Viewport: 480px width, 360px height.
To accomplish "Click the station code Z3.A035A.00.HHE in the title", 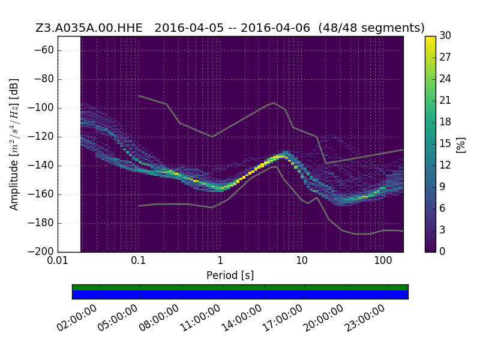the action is click(89, 28).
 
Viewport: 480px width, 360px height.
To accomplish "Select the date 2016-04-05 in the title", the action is click(189, 28).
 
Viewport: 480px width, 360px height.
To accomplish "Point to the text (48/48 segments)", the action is click(371, 28).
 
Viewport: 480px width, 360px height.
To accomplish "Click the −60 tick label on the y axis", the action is click(44, 50).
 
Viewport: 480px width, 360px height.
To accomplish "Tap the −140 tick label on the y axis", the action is click(41, 166).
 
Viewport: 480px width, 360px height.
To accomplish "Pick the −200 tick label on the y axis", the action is click(41, 251).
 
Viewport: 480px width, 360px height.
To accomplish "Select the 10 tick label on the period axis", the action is click(302, 261).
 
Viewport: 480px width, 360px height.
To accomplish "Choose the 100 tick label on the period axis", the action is click(383, 261).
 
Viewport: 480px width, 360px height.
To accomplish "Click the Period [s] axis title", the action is click(230, 275).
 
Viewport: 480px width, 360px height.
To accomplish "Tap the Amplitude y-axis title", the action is click(14, 144).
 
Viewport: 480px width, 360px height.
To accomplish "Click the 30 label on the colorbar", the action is click(445, 36).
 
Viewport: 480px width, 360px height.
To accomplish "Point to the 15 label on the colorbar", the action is click(445, 143).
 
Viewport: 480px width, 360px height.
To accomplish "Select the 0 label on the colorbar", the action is click(442, 251).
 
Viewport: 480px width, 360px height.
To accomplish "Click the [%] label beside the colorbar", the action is click(461, 145).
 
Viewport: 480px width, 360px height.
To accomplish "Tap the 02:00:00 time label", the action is click(77, 318).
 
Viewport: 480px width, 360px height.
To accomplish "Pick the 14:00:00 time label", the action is click(241, 318).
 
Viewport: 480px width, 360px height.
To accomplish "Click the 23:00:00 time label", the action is click(365, 318).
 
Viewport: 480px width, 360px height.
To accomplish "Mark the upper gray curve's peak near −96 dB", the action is click(274, 103).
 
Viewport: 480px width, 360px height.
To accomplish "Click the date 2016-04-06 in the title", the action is click(275, 28).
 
